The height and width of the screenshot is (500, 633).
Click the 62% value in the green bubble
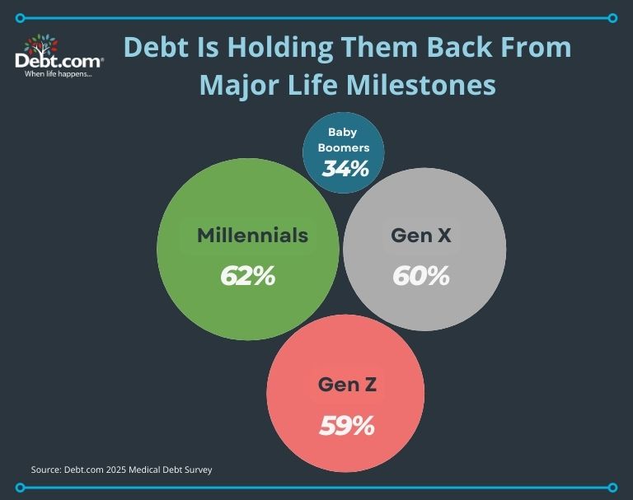(247, 276)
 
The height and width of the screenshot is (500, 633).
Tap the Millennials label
(253, 236)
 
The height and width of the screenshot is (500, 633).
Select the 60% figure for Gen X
(420, 276)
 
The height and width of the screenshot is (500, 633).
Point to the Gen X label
(421, 236)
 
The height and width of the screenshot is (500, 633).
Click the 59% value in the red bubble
(347, 425)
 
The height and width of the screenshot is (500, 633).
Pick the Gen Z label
(347, 384)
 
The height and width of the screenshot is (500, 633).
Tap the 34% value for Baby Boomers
(345, 168)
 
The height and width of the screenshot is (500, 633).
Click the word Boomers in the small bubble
(344, 147)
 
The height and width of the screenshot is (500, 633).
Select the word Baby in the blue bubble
(342, 133)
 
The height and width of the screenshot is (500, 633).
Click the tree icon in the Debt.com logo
(40, 44)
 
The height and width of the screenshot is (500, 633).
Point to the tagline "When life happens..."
(59, 74)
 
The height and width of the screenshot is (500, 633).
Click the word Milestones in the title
(421, 84)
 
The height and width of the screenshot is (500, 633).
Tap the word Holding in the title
(280, 48)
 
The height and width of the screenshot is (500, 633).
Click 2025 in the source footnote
(117, 470)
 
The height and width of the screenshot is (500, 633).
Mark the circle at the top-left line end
(20, 18)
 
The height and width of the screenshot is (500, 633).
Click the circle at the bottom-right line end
(612, 488)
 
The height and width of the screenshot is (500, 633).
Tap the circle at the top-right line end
(612, 18)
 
